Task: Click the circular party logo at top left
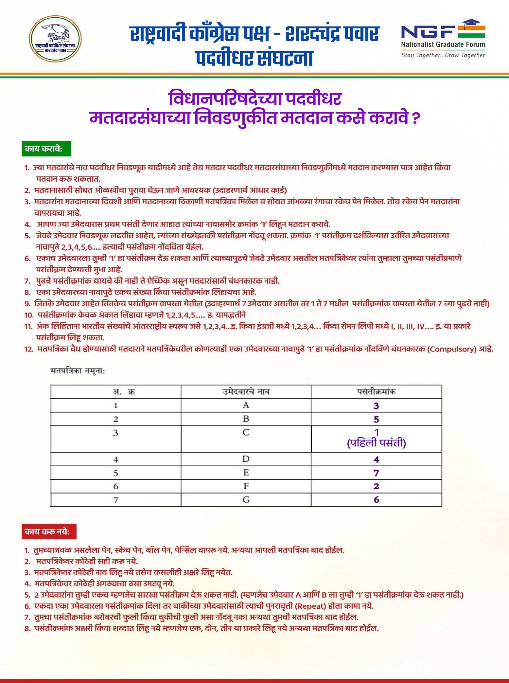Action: pyautogui.click(x=55, y=39)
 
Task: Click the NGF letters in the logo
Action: pyautogui.click(x=428, y=32)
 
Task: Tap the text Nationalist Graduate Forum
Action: pyautogui.click(x=443, y=45)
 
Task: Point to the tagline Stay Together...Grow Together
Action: pyautogui.click(x=443, y=55)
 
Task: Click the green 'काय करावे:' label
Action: pyautogui.click(x=46, y=149)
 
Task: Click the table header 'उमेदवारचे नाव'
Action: pyautogui.click(x=246, y=392)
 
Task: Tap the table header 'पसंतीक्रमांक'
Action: pyautogui.click(x=376, y=392)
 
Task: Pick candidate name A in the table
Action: pyautogui.click(x=246, y=405)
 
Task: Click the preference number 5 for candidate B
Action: pyautogui.click(x=376, y=419)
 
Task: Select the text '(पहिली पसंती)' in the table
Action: pyautogui.click(x=376, y=443)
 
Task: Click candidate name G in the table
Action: pyautogui.click(x=246, y=500)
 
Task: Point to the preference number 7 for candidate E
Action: pyautogui.click(x=376, y=473)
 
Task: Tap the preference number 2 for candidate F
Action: pyautogui.click(x=376, y=486)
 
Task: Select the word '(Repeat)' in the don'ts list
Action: pyautogui.click(x=310, y=606)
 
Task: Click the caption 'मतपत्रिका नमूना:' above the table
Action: pyautogui.click(x=78, y=371)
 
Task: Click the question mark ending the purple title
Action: pyautogui.click(x=415, y=118)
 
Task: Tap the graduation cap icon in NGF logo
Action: pyautogui.click(x=471, y=23)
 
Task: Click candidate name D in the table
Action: pyautogui.click(x=246, y=459)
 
